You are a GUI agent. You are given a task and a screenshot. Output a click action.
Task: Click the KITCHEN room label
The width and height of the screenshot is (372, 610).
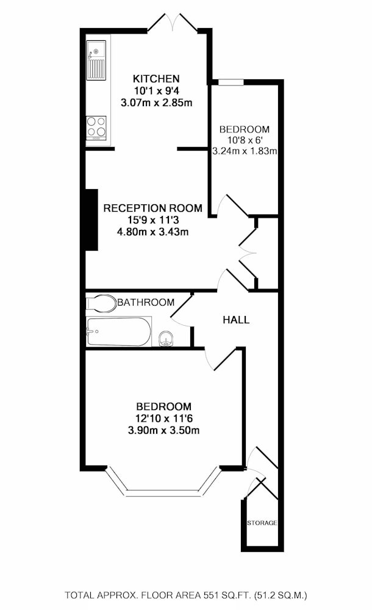point(156,79)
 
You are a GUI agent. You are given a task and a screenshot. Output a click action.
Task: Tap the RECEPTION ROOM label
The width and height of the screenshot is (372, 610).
point(152,208)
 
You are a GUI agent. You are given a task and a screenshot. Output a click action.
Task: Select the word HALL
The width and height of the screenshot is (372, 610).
point(236,320)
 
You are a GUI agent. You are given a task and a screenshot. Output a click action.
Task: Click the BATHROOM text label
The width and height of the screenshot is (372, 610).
point(146,303)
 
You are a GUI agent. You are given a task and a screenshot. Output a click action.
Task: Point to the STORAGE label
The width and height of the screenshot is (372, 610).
point(262,523)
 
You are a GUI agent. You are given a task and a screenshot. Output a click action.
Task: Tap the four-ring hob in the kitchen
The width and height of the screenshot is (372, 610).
point(96,126)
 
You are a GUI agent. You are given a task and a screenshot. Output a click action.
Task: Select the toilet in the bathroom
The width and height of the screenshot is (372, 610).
point(101,303)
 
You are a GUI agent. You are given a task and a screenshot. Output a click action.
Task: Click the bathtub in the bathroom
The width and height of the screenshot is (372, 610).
point(118,332)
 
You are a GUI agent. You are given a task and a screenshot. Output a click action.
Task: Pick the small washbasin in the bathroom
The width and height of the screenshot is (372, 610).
point(166,339)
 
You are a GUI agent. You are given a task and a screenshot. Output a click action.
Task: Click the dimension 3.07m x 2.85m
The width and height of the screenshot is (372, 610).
point(157,103)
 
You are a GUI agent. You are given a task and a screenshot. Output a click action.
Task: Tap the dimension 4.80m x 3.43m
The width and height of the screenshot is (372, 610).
point(152,232)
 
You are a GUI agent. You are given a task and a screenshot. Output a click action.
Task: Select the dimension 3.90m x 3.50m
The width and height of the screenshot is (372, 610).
point(163,430)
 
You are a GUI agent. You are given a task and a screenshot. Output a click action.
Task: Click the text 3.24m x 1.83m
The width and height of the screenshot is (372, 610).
point(245,151)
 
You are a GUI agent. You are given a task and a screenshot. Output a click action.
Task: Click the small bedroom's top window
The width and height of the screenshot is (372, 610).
point(231,82)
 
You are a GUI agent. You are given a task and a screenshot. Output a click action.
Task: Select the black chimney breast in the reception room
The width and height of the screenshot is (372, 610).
point(91,220)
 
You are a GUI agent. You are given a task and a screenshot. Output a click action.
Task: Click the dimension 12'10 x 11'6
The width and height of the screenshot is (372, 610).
point(164,418)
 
